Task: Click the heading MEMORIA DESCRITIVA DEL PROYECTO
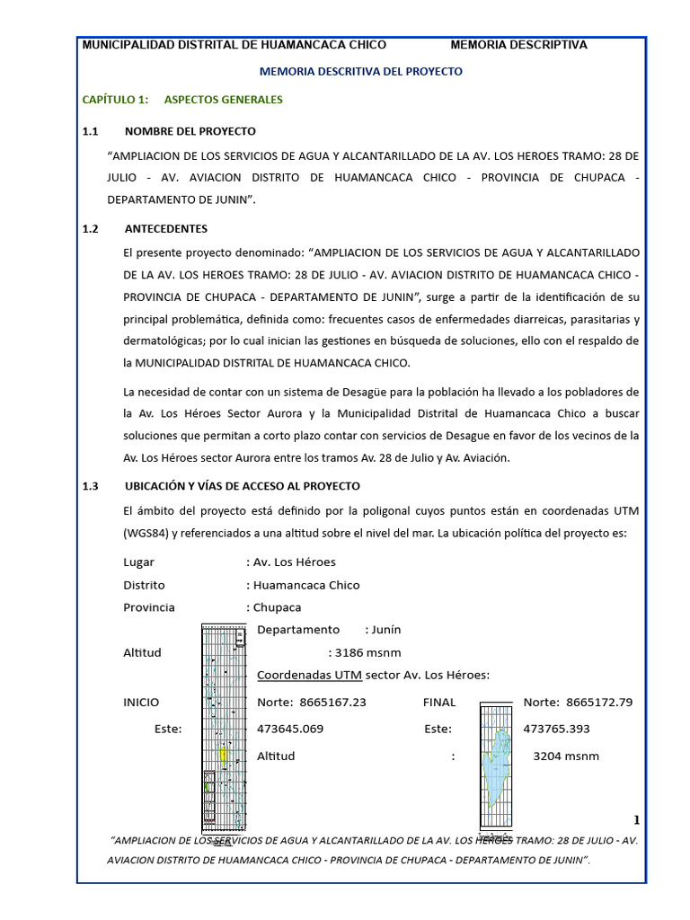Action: point(361,71)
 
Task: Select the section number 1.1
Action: point(90,131)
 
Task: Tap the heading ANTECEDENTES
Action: point(166,229)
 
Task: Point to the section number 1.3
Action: point(90,486)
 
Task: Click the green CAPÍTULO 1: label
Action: point(115,100)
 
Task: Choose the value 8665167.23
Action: point(329,703)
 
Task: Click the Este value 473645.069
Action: point(290,730)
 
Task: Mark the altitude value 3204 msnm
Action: point(566,756)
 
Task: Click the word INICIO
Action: point(141,703)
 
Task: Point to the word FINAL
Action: point(439,703)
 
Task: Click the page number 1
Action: point(637,820)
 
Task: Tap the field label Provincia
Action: point(149,607)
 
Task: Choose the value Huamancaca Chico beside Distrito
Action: point(306,585)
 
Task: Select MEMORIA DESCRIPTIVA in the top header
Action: point(518,45)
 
